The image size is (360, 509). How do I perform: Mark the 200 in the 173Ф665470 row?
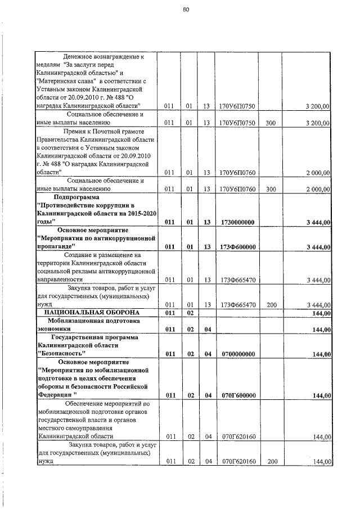pos(271,304)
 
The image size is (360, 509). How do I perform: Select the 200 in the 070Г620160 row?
pos(271,461)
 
